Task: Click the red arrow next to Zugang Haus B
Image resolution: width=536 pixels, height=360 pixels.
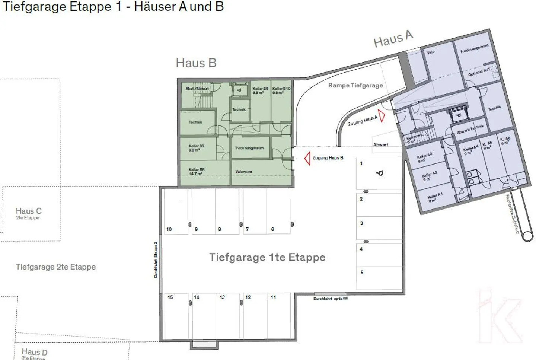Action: [307, 159]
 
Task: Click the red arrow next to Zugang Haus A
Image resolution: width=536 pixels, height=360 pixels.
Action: [382, 116]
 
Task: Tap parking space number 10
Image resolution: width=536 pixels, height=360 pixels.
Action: [176, 212]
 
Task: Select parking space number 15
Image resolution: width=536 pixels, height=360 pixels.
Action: [176, 316]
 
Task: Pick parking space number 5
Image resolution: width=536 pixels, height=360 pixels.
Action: [379, 278]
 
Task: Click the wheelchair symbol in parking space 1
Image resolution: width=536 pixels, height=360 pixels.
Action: [380, 173]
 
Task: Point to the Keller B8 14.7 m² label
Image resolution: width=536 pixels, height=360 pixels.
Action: [196, 172]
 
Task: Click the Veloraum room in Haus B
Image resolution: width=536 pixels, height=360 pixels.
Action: [244, 172]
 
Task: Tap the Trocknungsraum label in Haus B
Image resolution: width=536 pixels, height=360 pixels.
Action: [249, 148]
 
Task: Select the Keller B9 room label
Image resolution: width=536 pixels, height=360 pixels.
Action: [260, 90]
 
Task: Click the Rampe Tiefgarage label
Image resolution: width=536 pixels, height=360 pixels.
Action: [355, 85]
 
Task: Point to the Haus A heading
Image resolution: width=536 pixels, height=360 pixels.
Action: [393, 39]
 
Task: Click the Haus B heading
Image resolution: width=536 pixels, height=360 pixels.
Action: [196, 63]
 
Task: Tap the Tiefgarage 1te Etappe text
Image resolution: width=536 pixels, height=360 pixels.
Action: [267, 257]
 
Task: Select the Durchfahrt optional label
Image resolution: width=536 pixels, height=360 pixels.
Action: [331, 299]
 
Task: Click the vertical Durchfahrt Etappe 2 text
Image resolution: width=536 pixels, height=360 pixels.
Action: [156, 259]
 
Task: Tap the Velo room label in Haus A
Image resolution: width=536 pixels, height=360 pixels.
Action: [431, 52]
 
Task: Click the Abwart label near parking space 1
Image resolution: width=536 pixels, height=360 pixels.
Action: [380, 145]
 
